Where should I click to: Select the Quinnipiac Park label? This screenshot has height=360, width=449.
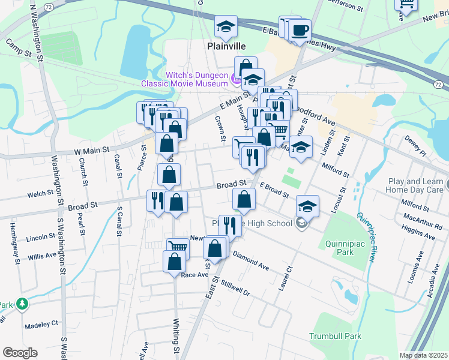coord(345,248)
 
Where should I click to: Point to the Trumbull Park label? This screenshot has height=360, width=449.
coord(336,336)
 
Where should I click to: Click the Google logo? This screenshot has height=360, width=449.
coord(19,353)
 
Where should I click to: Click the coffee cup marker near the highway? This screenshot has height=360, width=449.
coord(300,30)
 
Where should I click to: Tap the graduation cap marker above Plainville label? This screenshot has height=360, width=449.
coord(226,26)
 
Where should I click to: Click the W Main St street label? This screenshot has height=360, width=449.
coord(91,150)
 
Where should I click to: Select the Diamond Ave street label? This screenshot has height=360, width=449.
coord(251,259)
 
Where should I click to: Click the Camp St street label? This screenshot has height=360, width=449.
coord(19,48)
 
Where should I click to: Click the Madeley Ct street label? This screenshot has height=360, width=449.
coord(41,325)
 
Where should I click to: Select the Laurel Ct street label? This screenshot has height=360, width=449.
coord(285,279)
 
